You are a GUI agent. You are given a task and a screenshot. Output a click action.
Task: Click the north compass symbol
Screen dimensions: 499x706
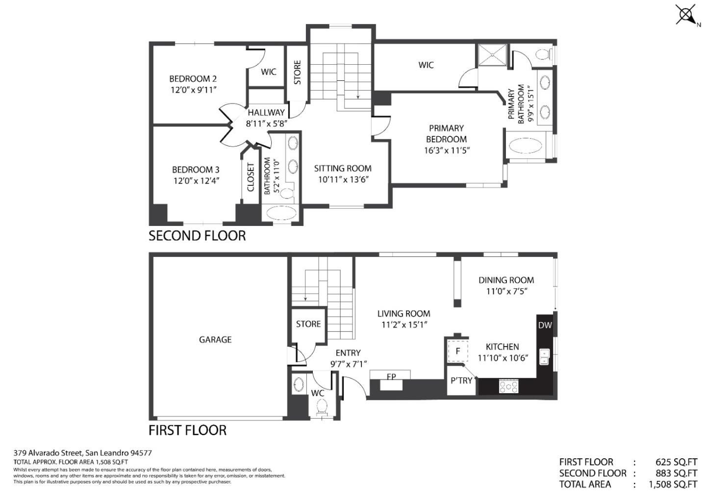686,14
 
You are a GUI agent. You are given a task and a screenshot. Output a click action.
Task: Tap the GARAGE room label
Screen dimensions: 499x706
215,339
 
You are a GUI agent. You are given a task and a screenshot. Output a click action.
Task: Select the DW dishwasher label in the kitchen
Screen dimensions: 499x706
545,325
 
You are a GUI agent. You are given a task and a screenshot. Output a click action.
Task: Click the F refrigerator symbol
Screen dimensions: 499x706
458,351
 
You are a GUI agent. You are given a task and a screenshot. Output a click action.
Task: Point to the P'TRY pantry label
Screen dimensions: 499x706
461,380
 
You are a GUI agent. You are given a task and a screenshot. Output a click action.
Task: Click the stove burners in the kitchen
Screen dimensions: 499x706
508,387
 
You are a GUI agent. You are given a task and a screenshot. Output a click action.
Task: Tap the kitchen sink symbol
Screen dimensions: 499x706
544,357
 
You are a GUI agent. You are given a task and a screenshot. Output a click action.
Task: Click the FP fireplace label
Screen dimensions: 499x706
391,377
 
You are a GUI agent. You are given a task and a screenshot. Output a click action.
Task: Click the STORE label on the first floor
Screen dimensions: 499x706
308,324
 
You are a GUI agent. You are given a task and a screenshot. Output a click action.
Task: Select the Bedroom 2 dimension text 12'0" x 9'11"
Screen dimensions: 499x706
193,90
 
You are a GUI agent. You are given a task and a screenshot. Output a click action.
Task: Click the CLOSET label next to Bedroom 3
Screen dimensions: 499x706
251,177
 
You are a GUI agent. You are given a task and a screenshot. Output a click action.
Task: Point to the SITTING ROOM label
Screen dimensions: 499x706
343,168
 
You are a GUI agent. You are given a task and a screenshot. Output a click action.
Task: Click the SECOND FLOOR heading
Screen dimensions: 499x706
197,236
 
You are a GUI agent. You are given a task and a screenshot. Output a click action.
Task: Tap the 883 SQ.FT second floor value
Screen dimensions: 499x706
676,473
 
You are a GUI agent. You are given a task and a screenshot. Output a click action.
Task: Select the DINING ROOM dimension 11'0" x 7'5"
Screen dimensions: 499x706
506,291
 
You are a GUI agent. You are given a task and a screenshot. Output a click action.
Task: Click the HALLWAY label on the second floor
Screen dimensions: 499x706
266,112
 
